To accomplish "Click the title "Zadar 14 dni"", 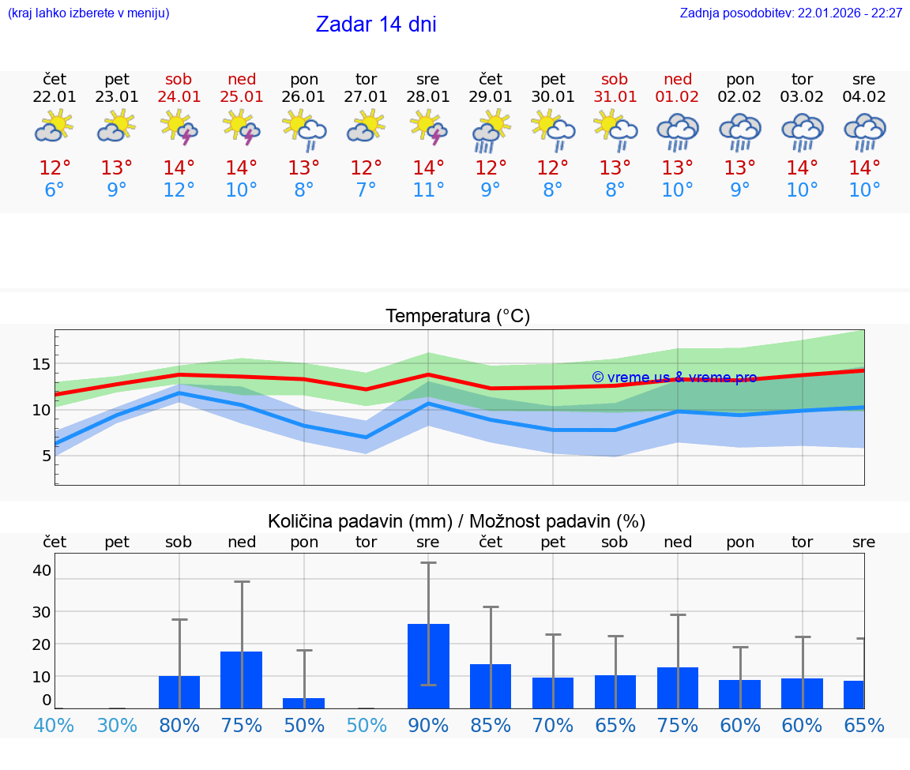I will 376,24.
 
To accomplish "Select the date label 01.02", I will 677,97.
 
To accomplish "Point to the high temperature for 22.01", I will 55,168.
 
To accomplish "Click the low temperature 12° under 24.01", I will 179,190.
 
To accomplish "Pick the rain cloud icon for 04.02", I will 864,131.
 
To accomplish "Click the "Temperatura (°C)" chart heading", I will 457,317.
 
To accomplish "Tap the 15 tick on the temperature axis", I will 42,364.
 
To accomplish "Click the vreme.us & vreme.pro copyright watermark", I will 674,377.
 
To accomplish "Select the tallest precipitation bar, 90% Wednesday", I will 428,666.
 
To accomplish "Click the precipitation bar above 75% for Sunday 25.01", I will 241,679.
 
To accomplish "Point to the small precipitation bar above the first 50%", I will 303,703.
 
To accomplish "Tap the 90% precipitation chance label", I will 428,725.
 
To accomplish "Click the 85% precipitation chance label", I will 491,725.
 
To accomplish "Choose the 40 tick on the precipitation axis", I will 42,570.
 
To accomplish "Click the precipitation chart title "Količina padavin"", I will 359,521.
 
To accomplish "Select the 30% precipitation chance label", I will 117,725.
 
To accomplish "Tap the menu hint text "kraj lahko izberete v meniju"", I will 88,13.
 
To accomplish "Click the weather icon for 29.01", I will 491,131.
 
